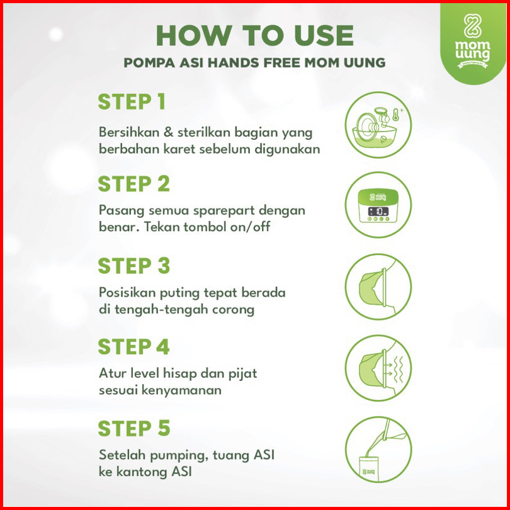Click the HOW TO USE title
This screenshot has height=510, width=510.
254,35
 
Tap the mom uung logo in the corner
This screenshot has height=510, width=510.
472,42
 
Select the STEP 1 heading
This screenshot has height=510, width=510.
132,102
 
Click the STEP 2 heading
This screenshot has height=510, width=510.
134,184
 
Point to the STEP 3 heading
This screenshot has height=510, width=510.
134,266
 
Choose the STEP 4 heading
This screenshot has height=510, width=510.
133,347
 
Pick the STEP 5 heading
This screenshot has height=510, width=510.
134,428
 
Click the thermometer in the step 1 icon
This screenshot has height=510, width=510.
396,115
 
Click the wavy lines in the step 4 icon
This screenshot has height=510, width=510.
398,369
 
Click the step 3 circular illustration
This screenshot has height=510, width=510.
378,286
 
